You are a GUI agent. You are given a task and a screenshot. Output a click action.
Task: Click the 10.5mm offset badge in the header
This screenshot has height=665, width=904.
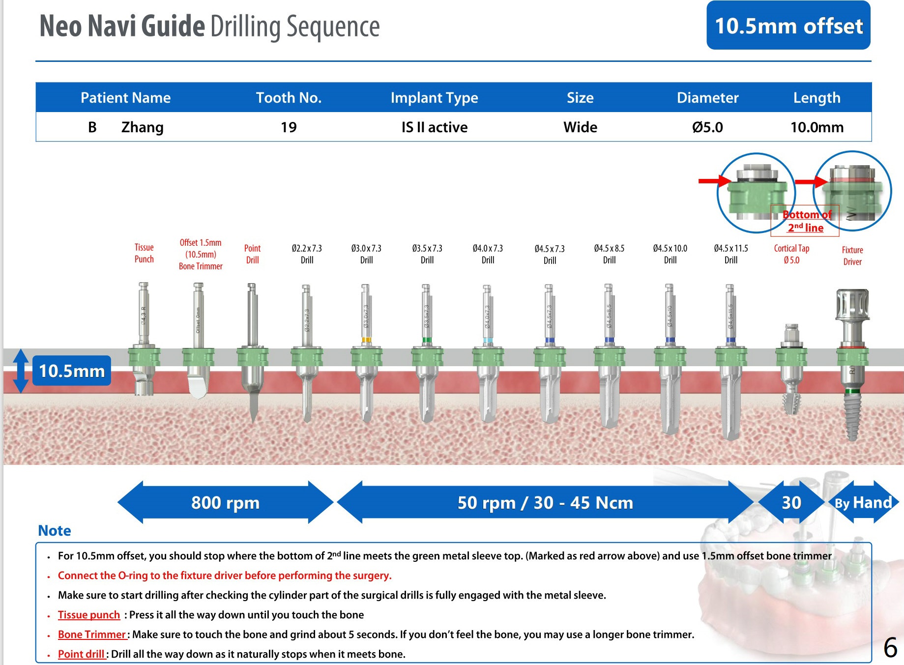788,26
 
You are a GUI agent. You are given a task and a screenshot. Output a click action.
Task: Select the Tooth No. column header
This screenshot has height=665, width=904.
289,97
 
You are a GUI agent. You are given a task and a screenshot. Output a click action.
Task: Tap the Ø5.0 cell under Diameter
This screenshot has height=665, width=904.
707,127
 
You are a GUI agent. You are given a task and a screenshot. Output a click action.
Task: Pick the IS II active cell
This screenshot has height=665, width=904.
434,127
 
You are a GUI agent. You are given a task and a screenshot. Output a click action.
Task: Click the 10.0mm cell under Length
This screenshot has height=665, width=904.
817,127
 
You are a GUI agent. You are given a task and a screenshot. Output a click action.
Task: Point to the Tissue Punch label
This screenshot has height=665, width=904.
144,253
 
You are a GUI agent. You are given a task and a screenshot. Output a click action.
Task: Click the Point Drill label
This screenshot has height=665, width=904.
252,254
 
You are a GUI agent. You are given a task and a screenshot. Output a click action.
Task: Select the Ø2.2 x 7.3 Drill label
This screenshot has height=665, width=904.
307,254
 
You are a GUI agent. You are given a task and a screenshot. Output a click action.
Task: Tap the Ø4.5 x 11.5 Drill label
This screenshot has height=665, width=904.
731,254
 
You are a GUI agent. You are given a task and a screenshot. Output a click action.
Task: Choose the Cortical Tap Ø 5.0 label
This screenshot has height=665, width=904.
791,254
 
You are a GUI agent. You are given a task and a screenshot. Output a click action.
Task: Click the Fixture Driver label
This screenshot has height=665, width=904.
852,256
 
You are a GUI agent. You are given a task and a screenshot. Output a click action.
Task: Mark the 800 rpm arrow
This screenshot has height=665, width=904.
225,502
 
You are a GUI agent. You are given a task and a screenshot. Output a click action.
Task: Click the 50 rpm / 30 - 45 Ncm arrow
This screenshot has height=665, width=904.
545,502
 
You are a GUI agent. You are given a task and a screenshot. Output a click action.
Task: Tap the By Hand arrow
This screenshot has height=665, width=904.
863,502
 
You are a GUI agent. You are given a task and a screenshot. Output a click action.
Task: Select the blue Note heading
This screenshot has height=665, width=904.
55,531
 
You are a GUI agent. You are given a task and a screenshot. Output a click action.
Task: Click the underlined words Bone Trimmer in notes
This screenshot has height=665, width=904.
92,635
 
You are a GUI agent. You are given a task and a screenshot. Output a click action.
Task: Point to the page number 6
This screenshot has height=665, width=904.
890,647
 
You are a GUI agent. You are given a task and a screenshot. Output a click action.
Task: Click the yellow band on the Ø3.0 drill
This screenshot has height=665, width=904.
366,340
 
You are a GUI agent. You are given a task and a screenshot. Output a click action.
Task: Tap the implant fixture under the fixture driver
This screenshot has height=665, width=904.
852,415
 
